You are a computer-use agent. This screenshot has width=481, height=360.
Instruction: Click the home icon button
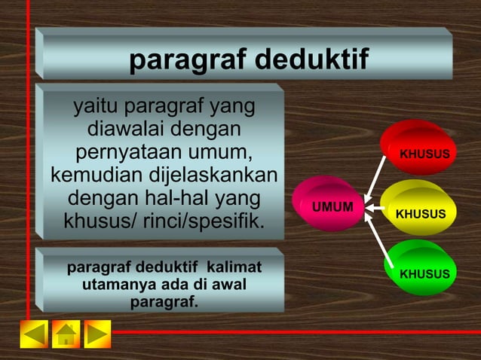point(66,334)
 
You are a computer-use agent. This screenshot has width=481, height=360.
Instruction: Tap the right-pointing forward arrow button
point(97,334)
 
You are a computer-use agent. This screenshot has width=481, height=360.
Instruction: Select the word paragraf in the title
point(186,60)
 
